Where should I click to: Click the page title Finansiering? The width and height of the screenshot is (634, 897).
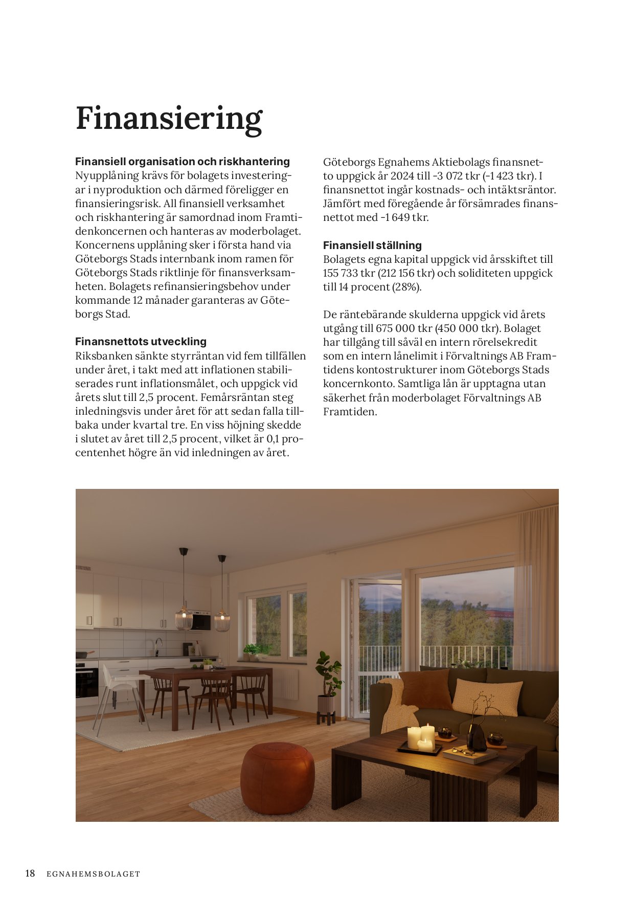click(169, 119)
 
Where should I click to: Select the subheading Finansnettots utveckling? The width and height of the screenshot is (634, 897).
click(141, 342)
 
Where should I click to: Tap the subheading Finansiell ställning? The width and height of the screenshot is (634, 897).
click(372, 245)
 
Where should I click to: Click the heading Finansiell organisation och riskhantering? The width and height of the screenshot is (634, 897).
click(183, 162)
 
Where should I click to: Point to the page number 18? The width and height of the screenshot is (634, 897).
click(30, 873)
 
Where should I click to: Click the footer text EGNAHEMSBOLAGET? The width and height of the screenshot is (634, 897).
click(93, 874)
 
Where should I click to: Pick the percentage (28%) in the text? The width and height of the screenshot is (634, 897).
click(407, 287)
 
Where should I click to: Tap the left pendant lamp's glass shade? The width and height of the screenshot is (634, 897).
click(184, 619)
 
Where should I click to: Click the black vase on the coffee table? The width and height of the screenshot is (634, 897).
click(477, 737)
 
